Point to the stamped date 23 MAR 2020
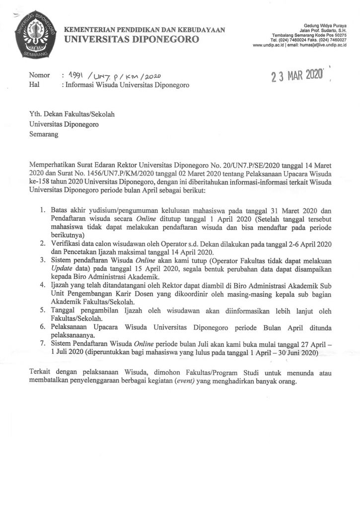[296, 76]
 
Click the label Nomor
[40, 75]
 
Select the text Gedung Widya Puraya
[324, 25]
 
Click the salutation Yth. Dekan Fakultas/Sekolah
[72, 114]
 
